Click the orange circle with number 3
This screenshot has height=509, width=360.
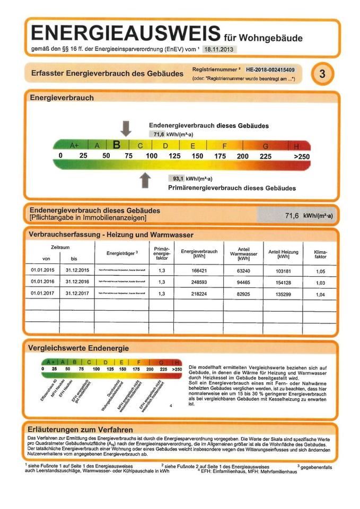tap(321, 74)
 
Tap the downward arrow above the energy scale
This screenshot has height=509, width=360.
tap(126, 128)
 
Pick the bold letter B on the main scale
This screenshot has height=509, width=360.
tap(117, 144)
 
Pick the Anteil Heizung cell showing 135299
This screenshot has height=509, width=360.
tap(283, 293)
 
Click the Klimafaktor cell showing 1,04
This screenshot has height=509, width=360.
tap(320, 293)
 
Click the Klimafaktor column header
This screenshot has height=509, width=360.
tap(320, 253)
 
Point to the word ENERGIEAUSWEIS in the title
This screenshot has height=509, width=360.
tap(126, 33)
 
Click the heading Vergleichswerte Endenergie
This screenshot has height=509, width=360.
tap(79, 348)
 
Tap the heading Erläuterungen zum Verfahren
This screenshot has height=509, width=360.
tap(81, 429)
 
